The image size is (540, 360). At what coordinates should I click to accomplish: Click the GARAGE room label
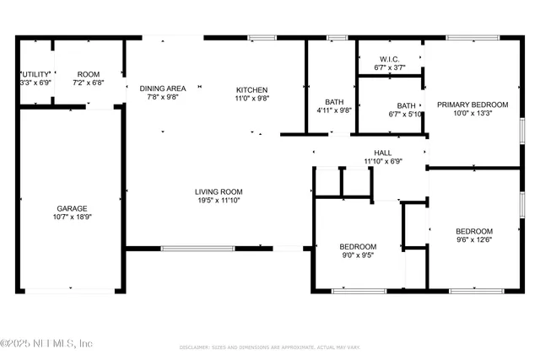(x=72, y=208)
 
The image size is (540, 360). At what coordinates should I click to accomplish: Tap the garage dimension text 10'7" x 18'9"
(x=72, y=217)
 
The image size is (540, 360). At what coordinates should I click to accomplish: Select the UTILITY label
(x=35, y=74)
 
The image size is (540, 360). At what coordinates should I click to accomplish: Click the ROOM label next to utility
(x=89, y=74)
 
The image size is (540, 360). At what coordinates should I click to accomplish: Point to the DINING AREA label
(x=163, y=89)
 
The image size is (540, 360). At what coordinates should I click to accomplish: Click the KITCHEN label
(x=251, y=89)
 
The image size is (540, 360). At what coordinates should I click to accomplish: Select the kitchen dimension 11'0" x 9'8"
(x=251, y=98)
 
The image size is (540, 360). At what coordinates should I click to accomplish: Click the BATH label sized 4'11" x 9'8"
(x=333, y=101)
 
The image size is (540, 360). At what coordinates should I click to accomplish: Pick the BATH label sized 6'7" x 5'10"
(x=406, y=106)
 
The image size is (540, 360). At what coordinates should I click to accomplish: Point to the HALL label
(x=383, y=153)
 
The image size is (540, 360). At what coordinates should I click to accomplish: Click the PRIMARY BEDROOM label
(x=472, y=105)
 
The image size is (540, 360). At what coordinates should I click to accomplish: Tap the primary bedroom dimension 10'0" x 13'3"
(x=472, y=113)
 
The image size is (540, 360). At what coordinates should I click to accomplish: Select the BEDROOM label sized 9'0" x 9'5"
(x=359, y=246)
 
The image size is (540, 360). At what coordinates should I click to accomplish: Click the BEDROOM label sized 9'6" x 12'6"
(x=474, y=231)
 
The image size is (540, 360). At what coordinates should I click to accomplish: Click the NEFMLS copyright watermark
(x=46, y=343)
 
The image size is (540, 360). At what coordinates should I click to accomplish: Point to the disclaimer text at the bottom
(x=269, y=347)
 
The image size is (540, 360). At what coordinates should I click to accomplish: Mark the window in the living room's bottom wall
(x=197, y=248)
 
